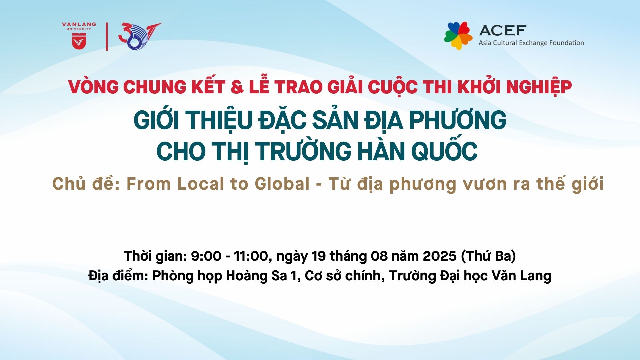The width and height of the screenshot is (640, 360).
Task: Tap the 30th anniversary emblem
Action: point(140,36)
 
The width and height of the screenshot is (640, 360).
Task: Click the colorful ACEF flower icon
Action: point(458,36)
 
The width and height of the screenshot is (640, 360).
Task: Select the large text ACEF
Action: point(503,31)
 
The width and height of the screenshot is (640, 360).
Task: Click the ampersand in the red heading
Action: point(237,87)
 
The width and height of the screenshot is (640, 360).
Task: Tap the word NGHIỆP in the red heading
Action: point(539,87)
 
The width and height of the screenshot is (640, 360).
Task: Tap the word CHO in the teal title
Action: point(181,151)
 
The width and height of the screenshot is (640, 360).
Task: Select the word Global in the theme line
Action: point(282,184)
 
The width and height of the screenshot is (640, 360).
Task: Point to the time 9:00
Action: point(206,256)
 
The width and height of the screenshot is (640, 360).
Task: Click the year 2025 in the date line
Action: point(439,256)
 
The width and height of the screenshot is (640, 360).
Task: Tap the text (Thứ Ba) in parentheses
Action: point(489,256)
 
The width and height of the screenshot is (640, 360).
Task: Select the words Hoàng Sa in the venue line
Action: point(257,276)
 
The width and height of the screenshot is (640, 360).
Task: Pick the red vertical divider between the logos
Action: point(107,37)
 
